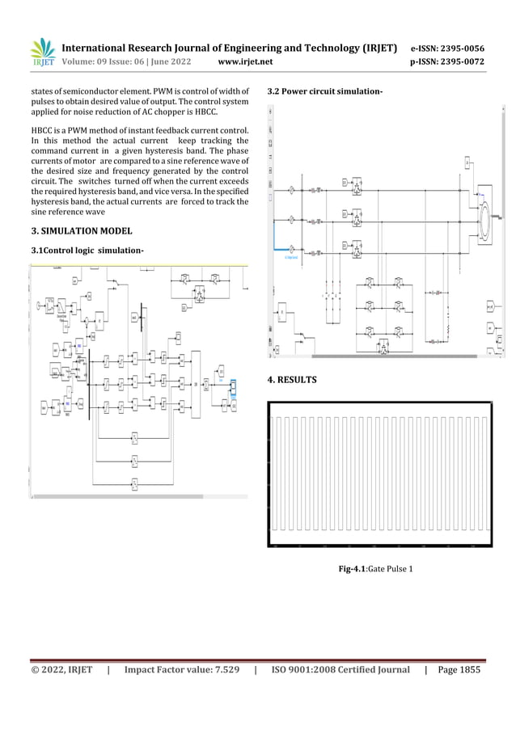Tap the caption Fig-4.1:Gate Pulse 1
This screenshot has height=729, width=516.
(376, 570)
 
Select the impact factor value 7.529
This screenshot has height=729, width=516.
(218, 670)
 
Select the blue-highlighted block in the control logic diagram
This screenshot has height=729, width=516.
(233, 388)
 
